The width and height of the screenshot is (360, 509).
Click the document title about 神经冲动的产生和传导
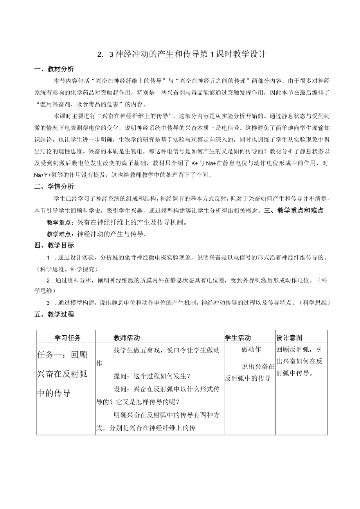click(x=182, y=54)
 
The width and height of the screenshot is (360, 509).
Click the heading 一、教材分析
click(x=54, y=69)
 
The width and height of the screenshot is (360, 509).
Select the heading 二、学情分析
click(x=54, y=187)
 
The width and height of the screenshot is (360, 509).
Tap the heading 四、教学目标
click(x=54, y=245)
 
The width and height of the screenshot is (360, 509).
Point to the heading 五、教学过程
click(x=54, y=314)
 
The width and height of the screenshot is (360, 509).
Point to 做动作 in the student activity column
click(x=251, y=349)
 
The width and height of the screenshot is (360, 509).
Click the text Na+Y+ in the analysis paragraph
click(x=44, y=175)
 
